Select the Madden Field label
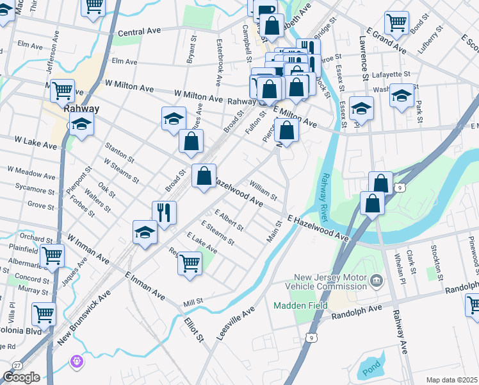pyautogui.click(x=295, y=305)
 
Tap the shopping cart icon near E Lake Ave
pyautogui.click(x=190, y=262)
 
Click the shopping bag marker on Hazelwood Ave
pyautogui.click(x=204, y=175)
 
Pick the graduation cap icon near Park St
pyautogui.click(x=402, y=96)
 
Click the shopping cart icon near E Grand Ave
pyautogui.click(x=397, y=22)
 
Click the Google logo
pyautogui.click(x=21, y=377)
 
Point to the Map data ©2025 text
pyautogui.click(x=451, y=380)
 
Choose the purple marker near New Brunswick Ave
pyautogui.click(x=76, y=363)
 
